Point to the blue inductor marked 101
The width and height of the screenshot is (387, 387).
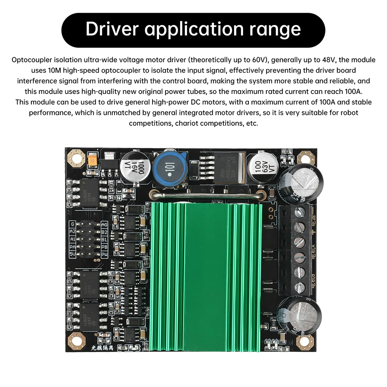click(x=169, y=168)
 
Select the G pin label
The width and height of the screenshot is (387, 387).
click(x=72, y=224)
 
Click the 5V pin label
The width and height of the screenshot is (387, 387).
click(x=72, y=254)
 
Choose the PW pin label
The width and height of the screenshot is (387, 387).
click(x=104, y=254)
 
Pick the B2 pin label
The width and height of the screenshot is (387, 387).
click(x=104, y=232)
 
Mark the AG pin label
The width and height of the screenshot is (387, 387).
click(x=104, y=224)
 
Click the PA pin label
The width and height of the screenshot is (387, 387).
click(x=72, y=247)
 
